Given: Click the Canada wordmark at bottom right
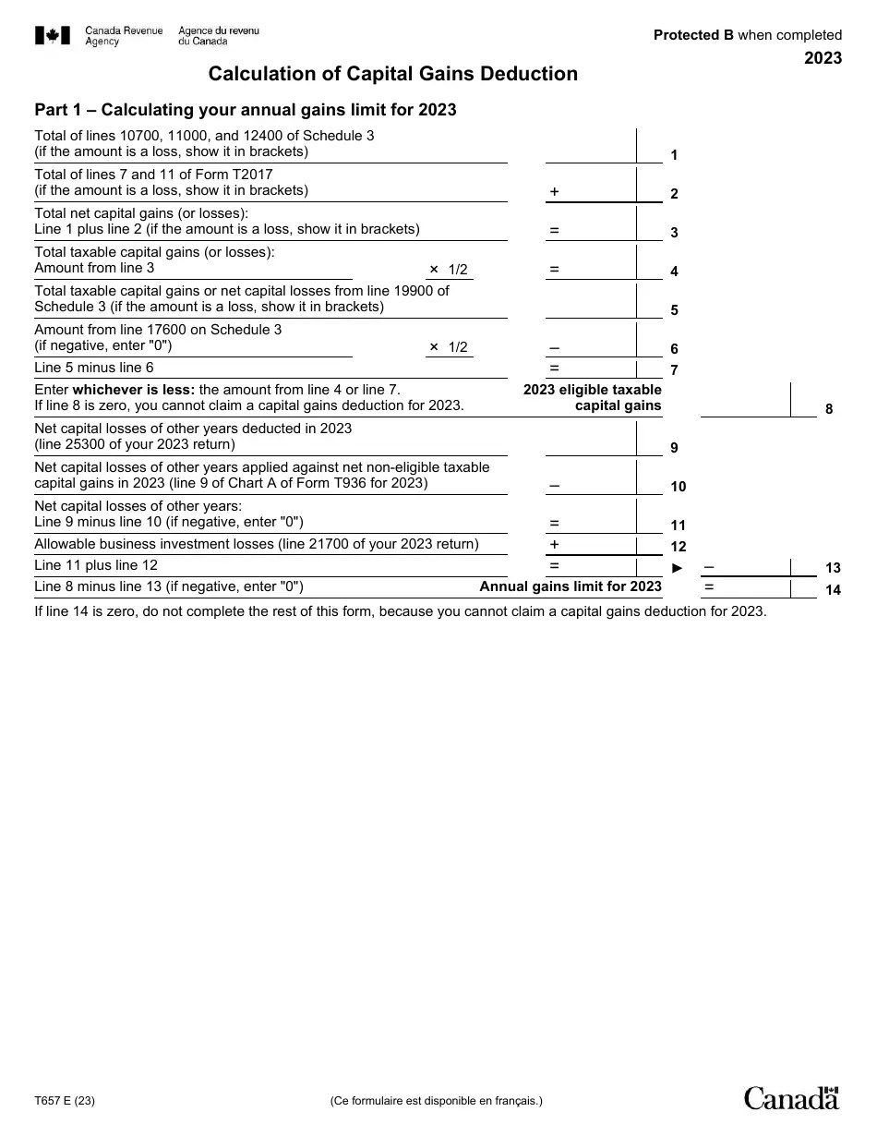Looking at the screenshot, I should coord(792,1098).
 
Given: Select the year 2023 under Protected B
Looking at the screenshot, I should coord(823,58).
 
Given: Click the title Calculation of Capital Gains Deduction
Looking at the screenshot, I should coord(393,74).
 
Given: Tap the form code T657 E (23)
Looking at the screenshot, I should coord(65,1101).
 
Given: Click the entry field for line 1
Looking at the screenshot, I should coord(591,145).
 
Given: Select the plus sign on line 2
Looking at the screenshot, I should coord(554,191).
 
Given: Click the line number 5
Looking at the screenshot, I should coord(674,310).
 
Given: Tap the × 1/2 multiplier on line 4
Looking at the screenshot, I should coord(449,270).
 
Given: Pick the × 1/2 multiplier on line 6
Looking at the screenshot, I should coord(449,347).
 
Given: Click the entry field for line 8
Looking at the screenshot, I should coord(746,400).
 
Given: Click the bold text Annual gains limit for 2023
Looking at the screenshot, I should coord(571,586).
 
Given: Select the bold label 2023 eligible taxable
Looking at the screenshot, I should coord(592,390).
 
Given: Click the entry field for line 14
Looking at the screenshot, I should coord(746,587).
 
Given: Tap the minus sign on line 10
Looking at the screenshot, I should coord(554,484).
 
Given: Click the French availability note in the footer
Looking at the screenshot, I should coord(437,1101).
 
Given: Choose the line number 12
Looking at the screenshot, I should coord(678,547).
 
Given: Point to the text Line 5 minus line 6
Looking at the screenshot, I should coord(94,368).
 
